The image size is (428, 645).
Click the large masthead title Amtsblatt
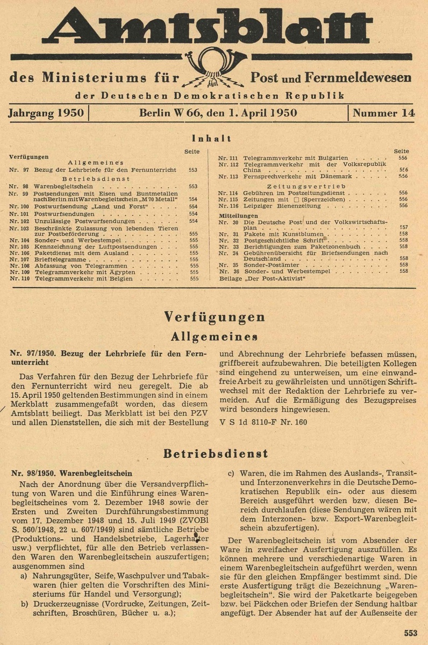(x=214, y=27)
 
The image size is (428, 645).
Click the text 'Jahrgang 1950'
(x=46, y=113)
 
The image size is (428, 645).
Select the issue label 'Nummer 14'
(x=383, y=113)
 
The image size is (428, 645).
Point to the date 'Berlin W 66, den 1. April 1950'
(x=218, y=113)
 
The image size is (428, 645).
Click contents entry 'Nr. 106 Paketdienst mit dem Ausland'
(x=81, y=253)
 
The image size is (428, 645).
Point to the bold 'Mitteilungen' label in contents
(x=234, y=215)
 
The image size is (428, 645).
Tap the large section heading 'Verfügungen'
(x=214, y=317)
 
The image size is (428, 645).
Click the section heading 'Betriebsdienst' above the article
(x=214, y=453)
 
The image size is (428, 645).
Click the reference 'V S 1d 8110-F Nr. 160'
(x=263, y=422)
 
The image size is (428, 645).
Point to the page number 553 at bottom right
(x=411, y=633)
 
